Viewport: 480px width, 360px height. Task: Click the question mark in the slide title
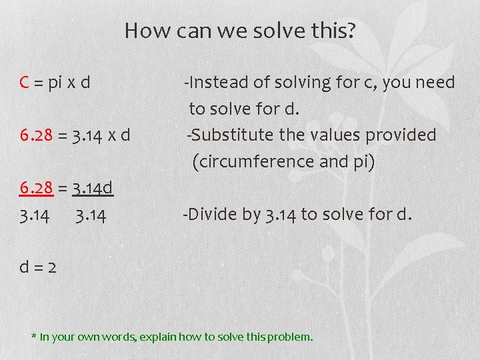coord(351,31)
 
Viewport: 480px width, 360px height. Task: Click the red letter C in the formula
coord(25,83)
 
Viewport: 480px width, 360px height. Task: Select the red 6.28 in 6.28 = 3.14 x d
coord(36,136)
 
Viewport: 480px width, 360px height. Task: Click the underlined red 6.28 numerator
coord(36,189)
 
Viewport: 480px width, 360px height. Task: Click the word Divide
coord(209,214)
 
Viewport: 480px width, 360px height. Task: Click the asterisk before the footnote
coord(34,336)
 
